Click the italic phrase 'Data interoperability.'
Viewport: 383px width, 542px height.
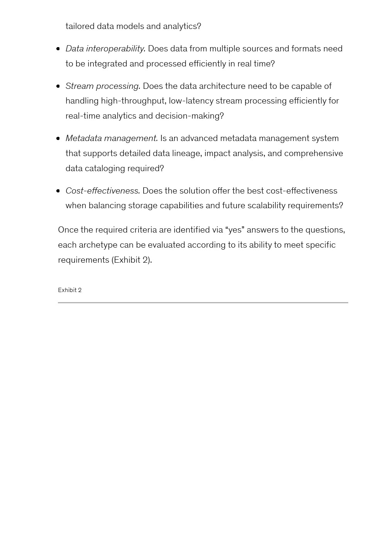105,49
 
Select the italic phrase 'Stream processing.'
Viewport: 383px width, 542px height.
103,86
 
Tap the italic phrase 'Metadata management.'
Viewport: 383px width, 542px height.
112,138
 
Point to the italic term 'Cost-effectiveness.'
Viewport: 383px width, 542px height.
103,191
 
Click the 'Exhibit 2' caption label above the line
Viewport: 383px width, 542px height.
69,290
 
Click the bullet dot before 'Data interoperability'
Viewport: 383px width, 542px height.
58,49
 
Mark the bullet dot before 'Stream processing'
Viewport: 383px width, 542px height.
58,86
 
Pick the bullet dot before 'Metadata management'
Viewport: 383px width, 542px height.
58,138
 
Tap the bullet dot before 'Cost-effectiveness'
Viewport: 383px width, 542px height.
58,191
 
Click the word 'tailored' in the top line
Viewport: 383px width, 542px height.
80,26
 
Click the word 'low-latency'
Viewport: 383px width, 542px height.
191,101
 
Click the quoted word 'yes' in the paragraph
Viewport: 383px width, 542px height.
235,230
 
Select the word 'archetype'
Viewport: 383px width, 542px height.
98,245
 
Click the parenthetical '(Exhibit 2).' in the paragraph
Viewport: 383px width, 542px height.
132,260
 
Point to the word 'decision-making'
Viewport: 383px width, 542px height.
189,116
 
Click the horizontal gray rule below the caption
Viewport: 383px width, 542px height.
203,302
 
